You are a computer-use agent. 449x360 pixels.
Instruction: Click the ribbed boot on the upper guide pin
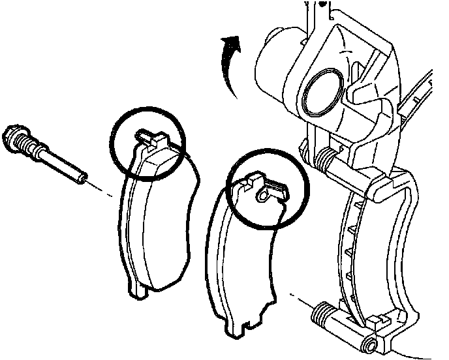pyautogui.click(x=326, y=157)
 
